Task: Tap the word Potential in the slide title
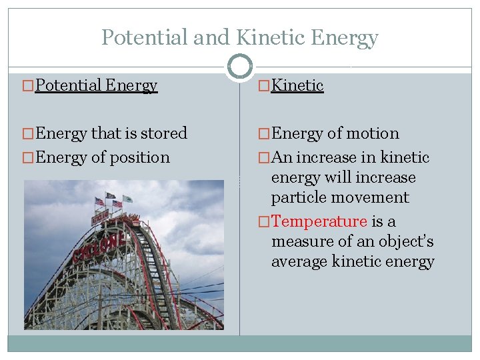point(145,38)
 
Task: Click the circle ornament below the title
point(240,67)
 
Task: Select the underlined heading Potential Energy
point(96,85)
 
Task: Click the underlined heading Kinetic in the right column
point(297,85)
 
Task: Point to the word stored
point(164,133)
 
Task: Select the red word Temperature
point(319,221)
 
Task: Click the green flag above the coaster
point(127,198)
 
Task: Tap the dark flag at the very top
point(110,196)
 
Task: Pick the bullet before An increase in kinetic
point(264,157)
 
